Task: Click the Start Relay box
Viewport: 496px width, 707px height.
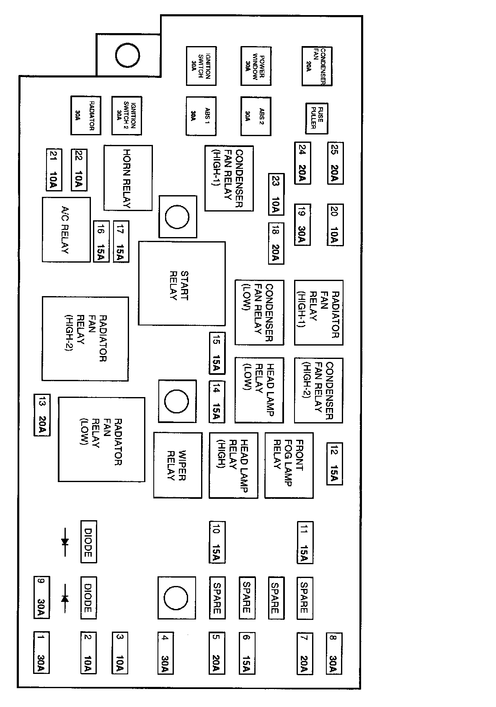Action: tap(182, 283)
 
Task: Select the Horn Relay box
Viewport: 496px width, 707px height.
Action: tap(128, 178)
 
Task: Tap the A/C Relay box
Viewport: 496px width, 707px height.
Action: tap(66, 230)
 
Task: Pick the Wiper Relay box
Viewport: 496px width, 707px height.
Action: tap(178, 465)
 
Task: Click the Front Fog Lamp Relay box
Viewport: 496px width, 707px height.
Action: tap(289, 465)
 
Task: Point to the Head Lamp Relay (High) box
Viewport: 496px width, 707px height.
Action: tap(233, 465)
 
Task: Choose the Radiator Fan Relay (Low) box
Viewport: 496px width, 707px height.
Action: tap(101, 439)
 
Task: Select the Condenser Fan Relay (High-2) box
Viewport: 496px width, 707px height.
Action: tap(318, 390)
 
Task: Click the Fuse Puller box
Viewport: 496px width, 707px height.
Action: tap(317, 119)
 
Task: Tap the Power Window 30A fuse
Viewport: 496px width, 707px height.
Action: tap(256, 66)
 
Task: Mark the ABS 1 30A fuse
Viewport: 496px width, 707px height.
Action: tap(201, 116)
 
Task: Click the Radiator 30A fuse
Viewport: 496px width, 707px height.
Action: tap(85, 116)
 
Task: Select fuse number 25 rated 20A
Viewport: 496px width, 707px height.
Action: tap(335, 163)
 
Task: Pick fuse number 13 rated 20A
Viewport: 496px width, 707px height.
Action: tap(42, 415)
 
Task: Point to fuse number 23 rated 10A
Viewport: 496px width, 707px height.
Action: tap(276, 194)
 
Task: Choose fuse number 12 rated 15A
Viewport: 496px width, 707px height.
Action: tap(335, 464)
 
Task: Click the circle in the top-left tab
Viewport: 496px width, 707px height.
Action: tap(127, 55)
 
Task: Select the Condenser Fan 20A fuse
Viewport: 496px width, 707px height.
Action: tap(317, 66)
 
